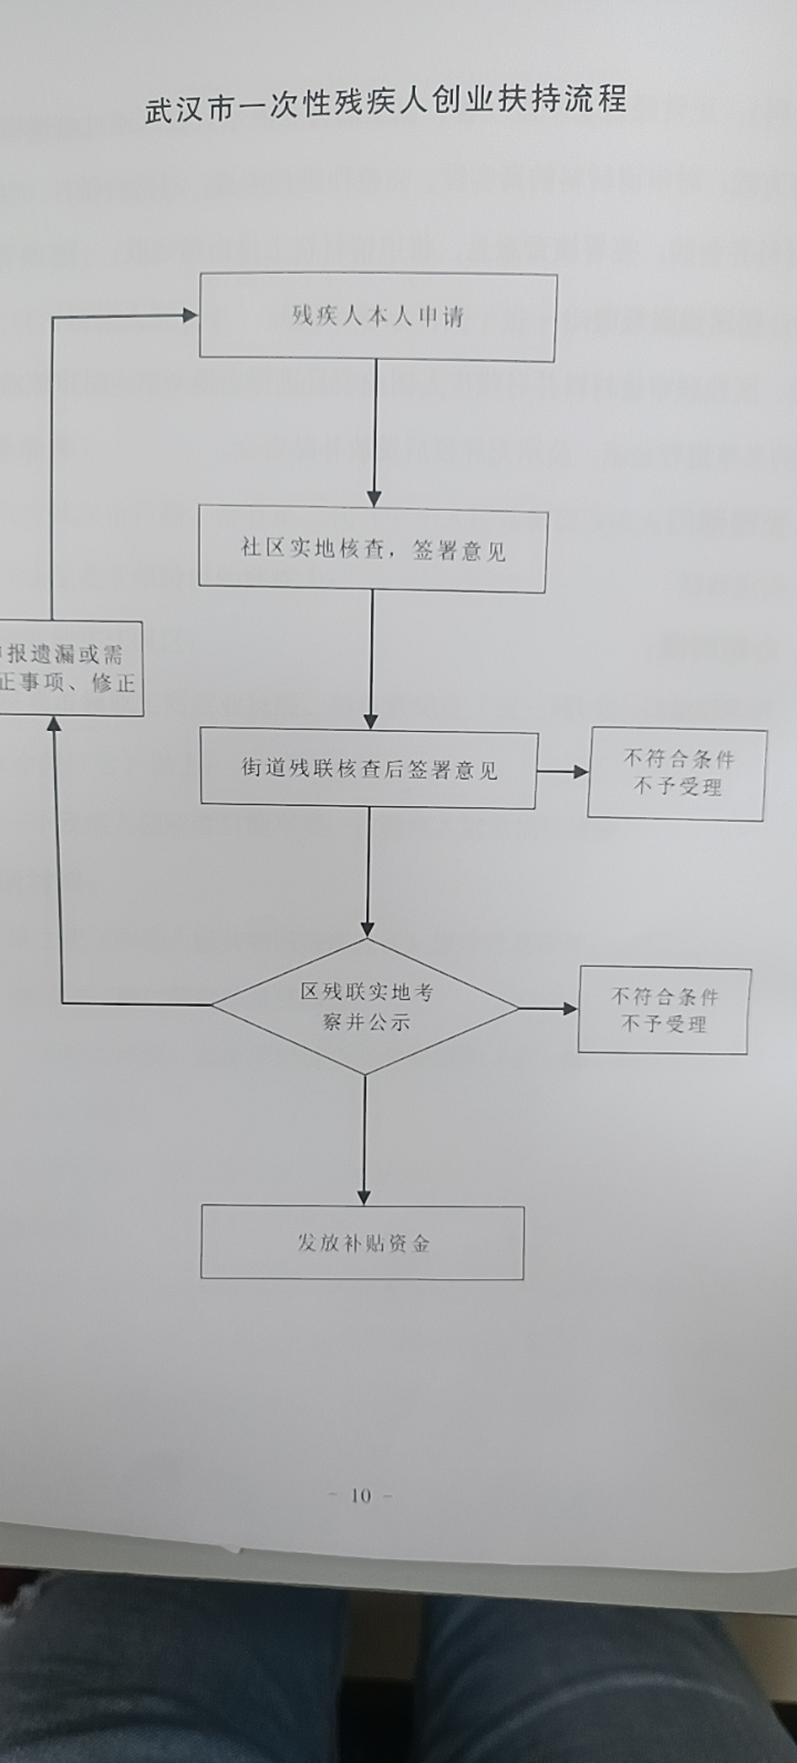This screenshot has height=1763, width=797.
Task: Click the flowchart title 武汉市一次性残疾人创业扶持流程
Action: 385,104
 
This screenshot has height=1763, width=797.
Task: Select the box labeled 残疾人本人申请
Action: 377,317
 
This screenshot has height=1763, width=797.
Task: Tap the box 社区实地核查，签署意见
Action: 373,549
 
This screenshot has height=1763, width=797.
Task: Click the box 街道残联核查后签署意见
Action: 369,769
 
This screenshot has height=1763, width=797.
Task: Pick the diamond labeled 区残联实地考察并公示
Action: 366,1007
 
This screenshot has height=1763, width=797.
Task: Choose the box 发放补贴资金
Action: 362,1243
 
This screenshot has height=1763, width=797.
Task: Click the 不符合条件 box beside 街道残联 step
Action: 677,774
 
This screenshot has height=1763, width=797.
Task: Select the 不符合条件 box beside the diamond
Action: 663,1011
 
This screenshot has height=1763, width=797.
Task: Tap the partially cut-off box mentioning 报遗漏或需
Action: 70,669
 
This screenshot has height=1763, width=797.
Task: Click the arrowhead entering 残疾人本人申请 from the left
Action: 190,315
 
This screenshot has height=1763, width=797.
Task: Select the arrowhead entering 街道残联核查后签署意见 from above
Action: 371,721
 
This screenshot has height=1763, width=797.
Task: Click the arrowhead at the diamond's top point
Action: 368,929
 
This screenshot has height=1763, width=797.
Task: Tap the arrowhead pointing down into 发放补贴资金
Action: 364,1196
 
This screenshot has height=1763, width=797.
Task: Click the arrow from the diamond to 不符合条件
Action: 549,1008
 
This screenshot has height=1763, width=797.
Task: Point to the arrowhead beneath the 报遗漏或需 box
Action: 54,724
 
